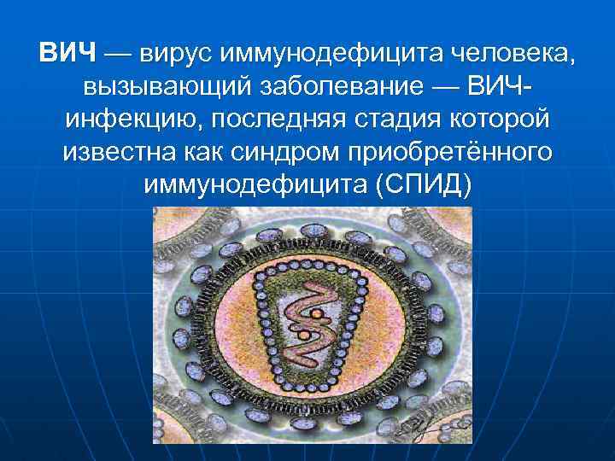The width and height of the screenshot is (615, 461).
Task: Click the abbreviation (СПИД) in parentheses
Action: (423, 185)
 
